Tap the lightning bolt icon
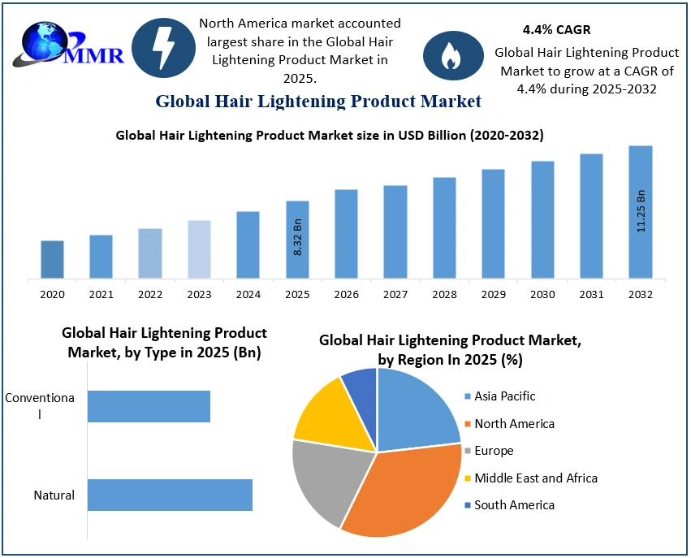click(x=162, y=48)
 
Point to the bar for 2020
click(x=52, y=259)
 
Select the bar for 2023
click(x=199, y=249)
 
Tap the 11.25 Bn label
click(x=641, y=212)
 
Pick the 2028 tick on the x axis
click(x=444, y=294)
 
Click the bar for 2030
click(x=542, y=219)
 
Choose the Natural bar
click(x=170, y=495)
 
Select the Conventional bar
click(x=149, y=406)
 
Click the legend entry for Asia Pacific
click(x=506, y=396)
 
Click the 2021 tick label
click(x=101, y=294)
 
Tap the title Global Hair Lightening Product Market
click(x=318, y=102)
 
